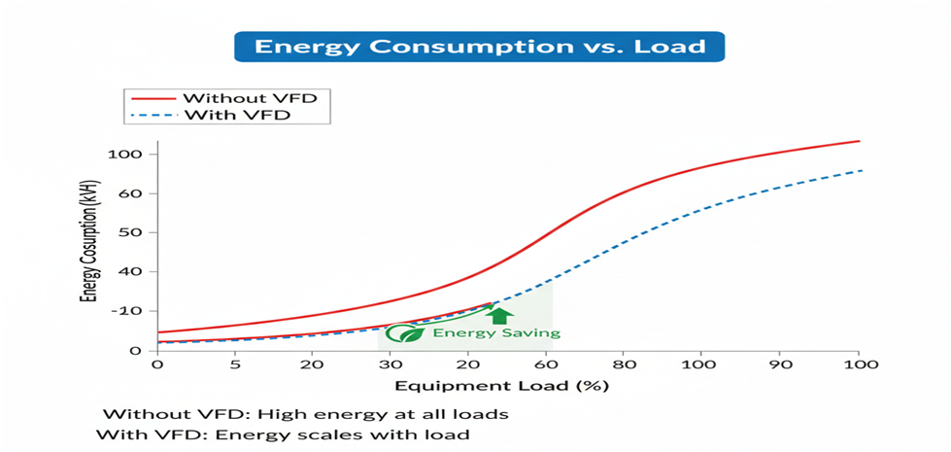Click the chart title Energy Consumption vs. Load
pos(480,47)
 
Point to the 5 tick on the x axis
pos(234,365)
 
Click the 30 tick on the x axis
pos(390,365)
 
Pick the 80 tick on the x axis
pos(624,365)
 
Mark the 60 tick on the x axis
pos(546,365)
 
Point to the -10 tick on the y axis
pos(130,310)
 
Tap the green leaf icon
pos(405,332)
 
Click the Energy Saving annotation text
pos(496,333)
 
